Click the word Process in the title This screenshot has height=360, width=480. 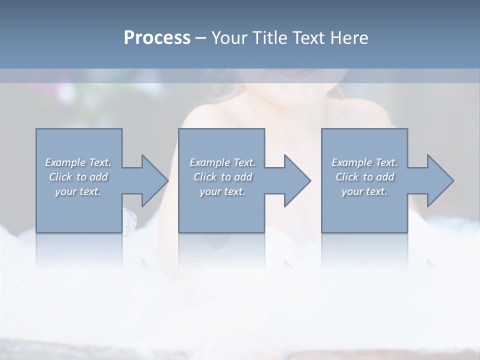pyautogui.click(x=157, y=38)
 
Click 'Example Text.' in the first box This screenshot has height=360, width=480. pyautogui.click(x=78, y=162)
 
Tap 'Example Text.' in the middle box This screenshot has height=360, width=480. pyautogui.click(x=222, y=162)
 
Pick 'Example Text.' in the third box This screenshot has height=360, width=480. pyautogui.click(x=364, y=162)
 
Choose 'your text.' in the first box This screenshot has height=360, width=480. pyautogui.click(x=78, y=191)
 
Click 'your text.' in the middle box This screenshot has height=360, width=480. pyautogui.click(x=222, y=191)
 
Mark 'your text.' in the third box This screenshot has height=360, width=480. pyautogui.click(x=364, y=191)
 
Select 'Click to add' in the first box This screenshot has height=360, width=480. pyautogui.click(x=78, y=177)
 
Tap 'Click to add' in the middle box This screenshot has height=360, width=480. pyautogui.click(x=222, y=177)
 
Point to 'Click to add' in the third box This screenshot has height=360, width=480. pyautogui.click(x=364, y=177)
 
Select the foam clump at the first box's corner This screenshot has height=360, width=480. pyautogui.click(x=129, y=220)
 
